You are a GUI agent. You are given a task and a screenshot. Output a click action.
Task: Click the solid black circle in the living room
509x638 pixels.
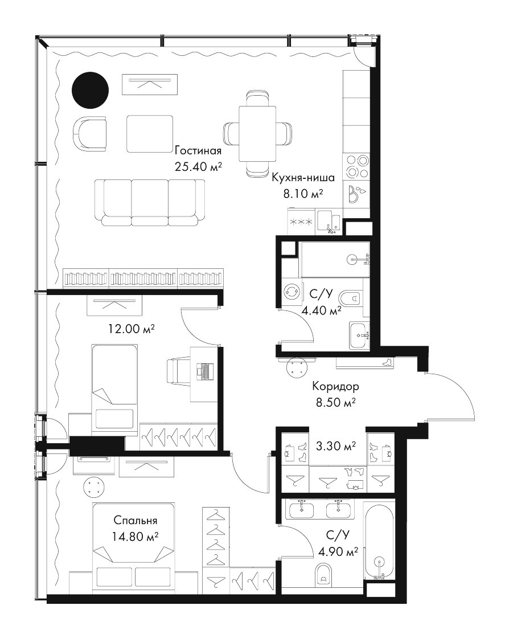[91, 91]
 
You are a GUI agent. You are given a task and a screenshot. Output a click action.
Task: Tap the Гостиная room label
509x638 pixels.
[198, 152]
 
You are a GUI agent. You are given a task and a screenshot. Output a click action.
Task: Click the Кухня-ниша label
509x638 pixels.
[303, 178]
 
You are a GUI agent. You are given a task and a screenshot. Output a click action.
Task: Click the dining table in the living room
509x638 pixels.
[257, 134]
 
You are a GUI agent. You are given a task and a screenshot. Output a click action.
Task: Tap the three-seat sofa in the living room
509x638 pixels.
[150, 203]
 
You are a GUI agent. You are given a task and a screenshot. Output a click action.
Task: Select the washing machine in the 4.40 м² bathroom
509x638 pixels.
[291, 291]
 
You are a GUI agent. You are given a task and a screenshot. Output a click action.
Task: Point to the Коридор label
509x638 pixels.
[335, 386]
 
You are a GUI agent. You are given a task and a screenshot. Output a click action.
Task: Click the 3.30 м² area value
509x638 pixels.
[336, 447]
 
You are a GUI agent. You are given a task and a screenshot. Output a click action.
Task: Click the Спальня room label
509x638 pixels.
[136, 521]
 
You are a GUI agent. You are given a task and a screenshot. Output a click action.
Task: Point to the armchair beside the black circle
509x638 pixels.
[90, 133]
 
